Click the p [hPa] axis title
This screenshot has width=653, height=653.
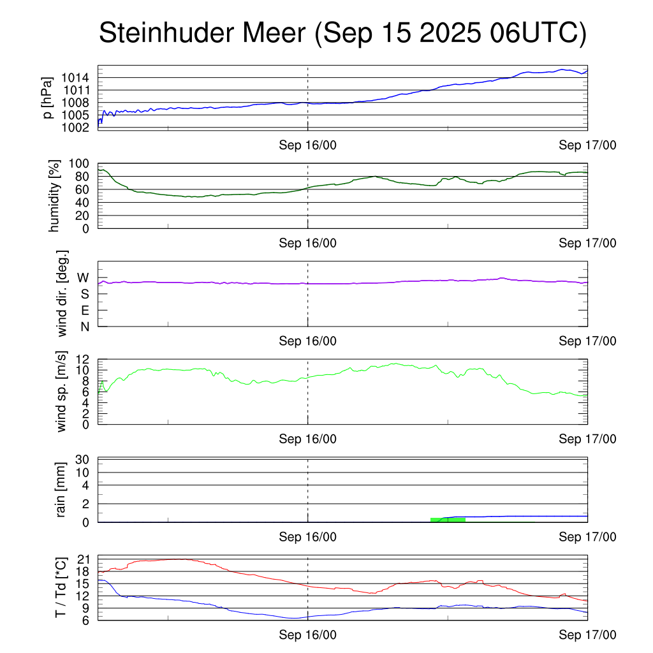pyautogui.click(x=47, y=97)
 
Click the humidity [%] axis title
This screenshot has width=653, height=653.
pyautogui.click(x=54, y=196)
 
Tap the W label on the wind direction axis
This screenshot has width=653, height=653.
pyautogui.click(x=84, y=278)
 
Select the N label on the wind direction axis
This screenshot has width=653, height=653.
pyautogui.click(x=84, y=326)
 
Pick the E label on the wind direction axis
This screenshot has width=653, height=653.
pyautogui.click(x=84, y=311)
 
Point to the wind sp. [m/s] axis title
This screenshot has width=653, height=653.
pyautogui.click(x=62, y=392)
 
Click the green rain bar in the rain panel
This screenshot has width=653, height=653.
pyautogui.click(x=448, y=520)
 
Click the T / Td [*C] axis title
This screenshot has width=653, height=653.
pyautogui.click(x=61, y=587)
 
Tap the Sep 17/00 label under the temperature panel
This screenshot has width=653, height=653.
pyautogui.click(x=587, y=635)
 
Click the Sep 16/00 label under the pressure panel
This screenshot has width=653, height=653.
pyautogui.click(x=307, y=145)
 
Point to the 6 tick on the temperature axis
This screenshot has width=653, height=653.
pyautogui.click(x=84, y=620)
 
